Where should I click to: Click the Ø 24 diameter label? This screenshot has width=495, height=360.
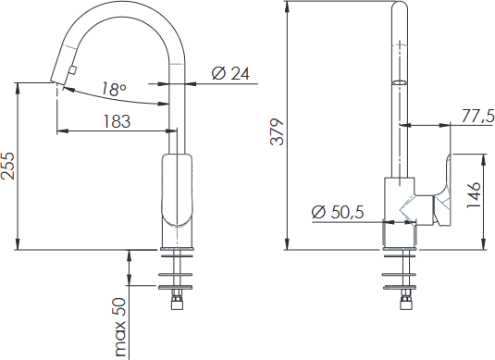click(230, 74)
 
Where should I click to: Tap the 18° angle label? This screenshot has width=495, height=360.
click(114, 90)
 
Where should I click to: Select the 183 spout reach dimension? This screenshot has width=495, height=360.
click(117, 121)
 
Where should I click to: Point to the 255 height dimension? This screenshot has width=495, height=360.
click(8, 166)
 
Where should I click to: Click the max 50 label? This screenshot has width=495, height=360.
click(120, 328)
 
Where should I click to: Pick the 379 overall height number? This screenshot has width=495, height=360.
click(278, 132)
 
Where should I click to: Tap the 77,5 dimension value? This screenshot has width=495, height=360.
click(478, 116)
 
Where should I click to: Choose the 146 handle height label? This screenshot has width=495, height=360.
click(474, 195)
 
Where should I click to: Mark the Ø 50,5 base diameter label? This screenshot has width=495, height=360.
click(338, 212)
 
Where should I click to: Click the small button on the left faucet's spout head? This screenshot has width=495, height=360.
click(73, 70)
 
